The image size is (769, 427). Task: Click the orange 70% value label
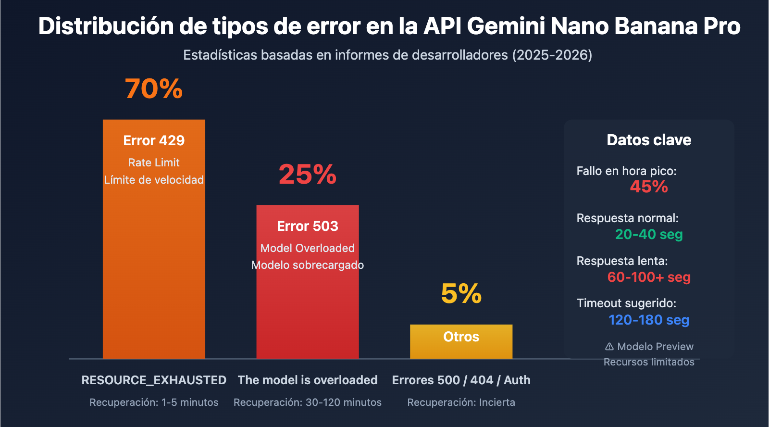coord(154,89)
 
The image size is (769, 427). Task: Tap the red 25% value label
coord(308,174)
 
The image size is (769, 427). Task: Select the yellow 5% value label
coord(461,293)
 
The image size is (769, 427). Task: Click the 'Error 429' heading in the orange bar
coord(154,140)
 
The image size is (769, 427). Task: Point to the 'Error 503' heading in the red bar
coord(308,226)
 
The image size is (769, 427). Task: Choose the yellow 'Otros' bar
coord(461,341)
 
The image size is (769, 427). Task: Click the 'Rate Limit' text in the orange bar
coord(154,163)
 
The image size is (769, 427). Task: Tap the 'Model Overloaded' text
coord(308,248)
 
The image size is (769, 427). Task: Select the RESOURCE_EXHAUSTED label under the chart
coord(154,380)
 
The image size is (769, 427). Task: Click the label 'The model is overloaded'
coord(308,380)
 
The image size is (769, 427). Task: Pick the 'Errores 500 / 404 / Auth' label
coord(461,380)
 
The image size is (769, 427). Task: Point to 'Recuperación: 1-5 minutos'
coord(154,402)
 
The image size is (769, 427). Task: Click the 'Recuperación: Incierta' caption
coord(461,402)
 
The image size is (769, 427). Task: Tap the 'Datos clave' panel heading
coord(649,140)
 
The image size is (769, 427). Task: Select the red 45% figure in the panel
coord(649,187)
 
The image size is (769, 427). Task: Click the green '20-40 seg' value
coord(649,234)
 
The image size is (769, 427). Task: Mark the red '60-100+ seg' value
coord(649,277)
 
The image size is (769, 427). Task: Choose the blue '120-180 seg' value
coord(649,320)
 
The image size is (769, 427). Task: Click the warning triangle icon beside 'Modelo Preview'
coord(609,346)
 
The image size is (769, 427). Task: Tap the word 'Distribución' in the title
coord(106,26)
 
